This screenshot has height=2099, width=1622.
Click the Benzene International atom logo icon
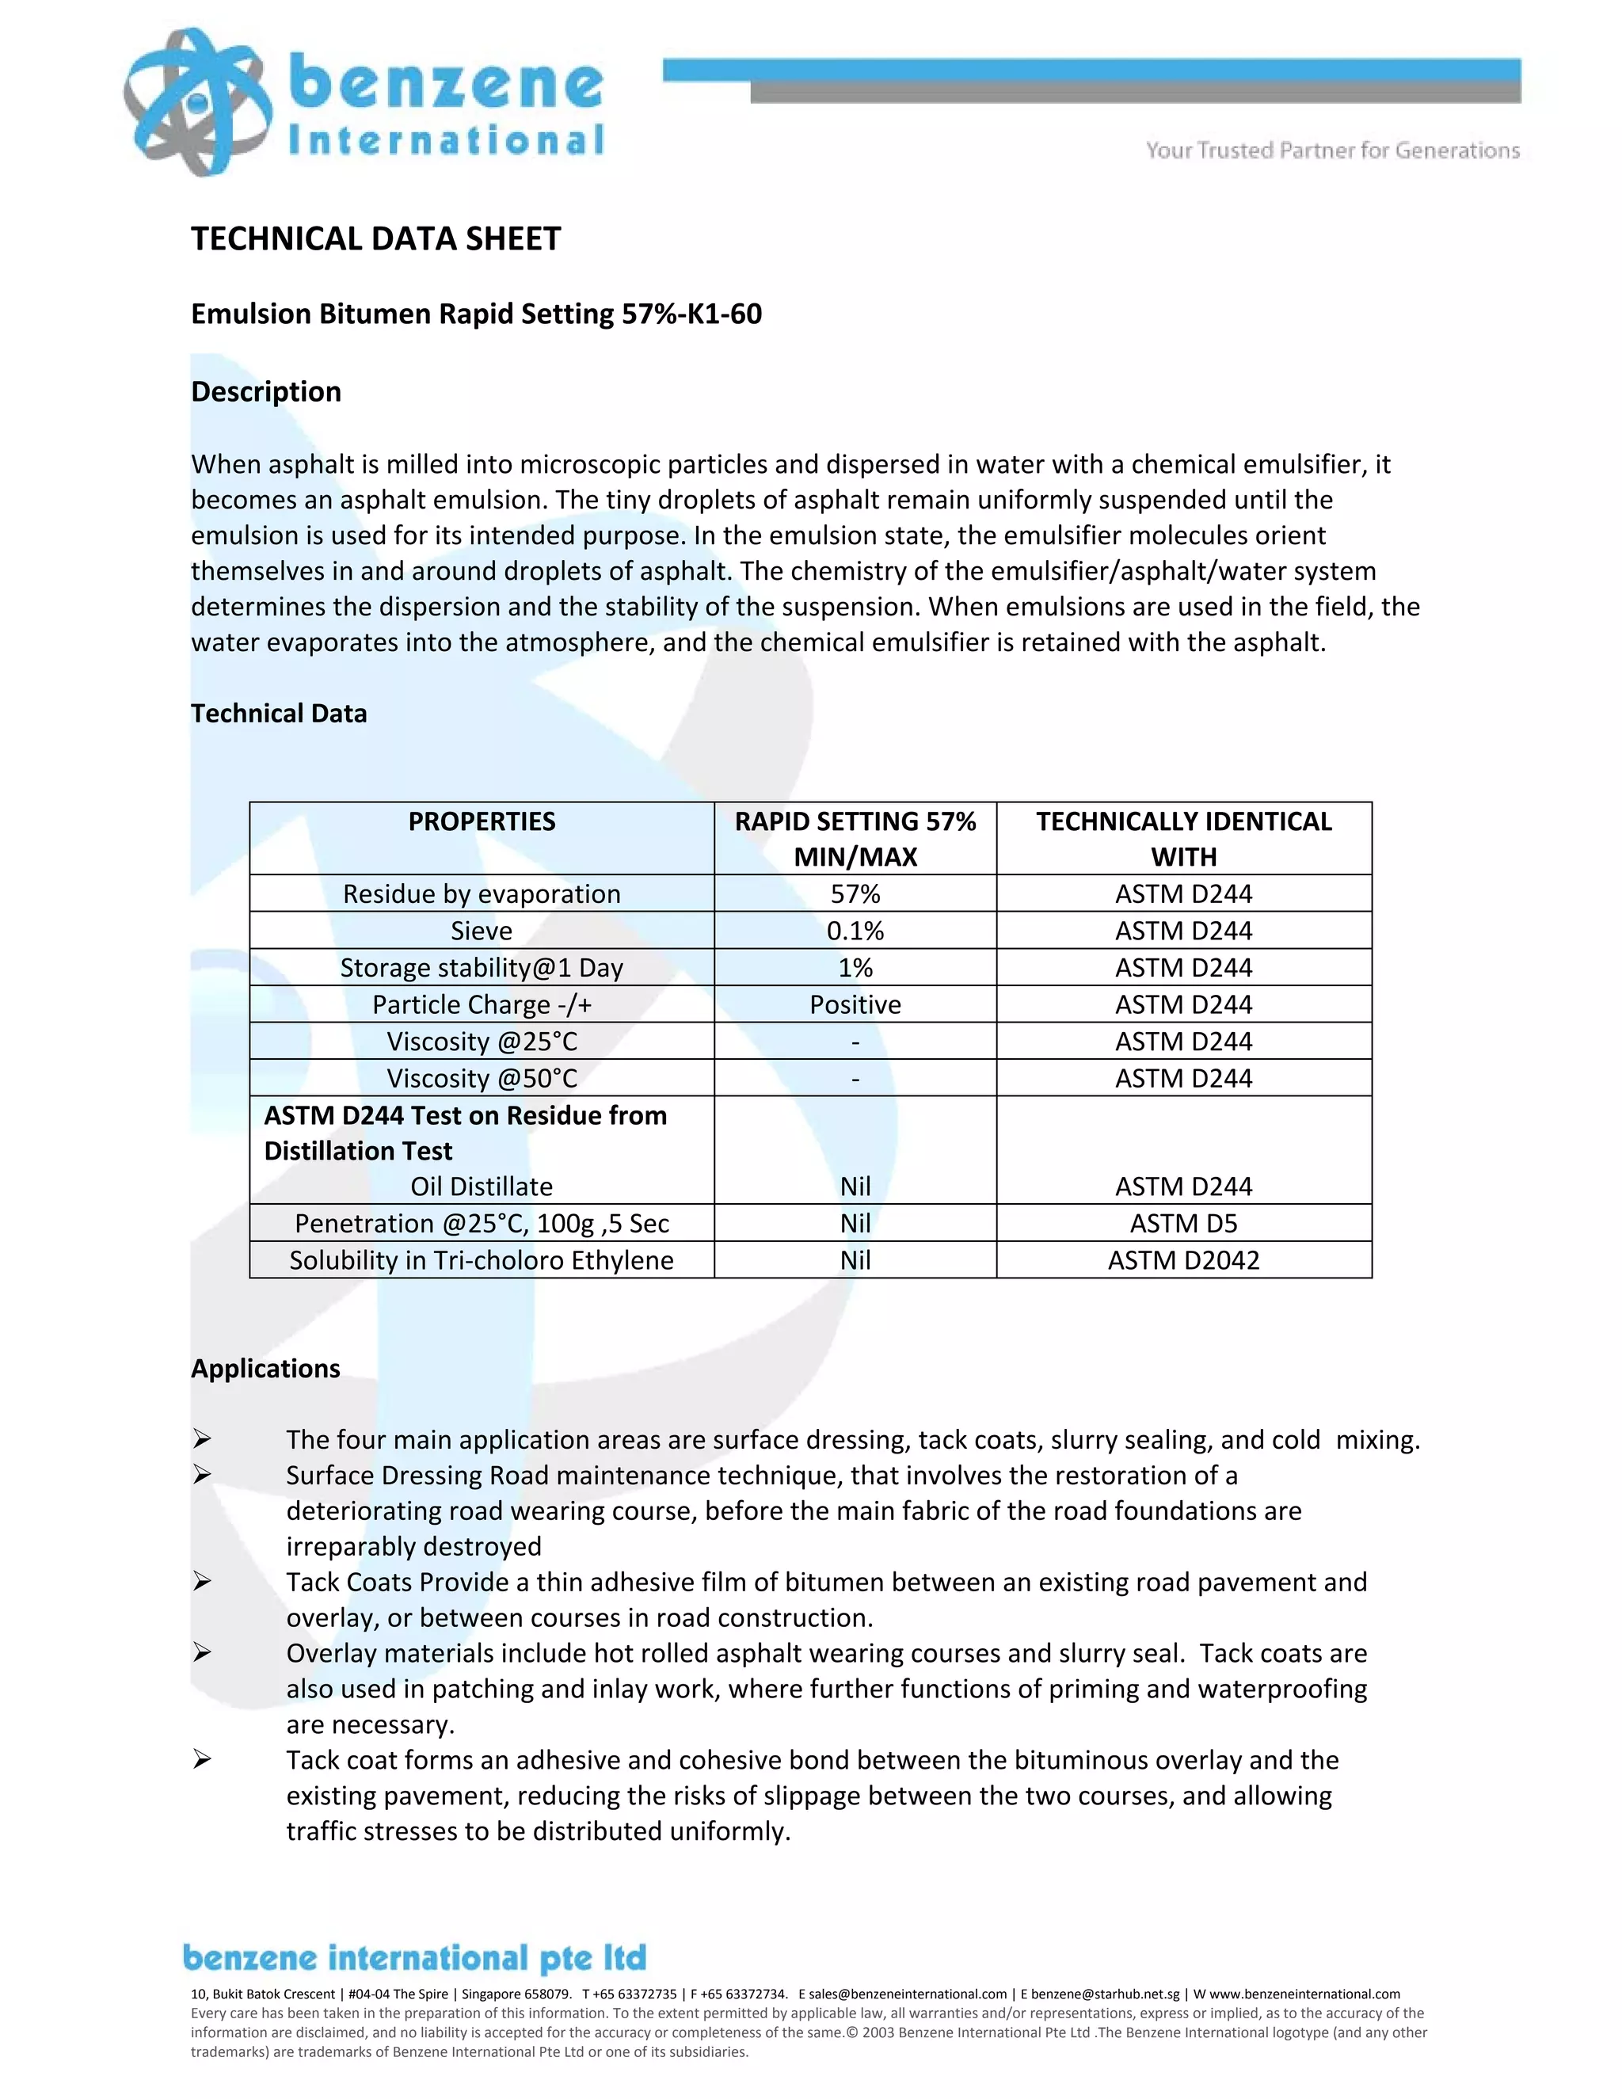pyautogui.click(x=197, y=102)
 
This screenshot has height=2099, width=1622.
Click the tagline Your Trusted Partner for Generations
pyautogui.click(x=1332, y=150)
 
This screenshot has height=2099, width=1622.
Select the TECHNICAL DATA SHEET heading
pyautogui.click(x=375, y=238)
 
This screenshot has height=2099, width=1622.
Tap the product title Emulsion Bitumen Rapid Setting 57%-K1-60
pyautogui.click(x=476, y=314)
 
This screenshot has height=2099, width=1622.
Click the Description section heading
pyautogui.click(x=266, y=391)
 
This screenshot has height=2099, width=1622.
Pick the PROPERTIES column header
pyautogui.click(x=482, y=821)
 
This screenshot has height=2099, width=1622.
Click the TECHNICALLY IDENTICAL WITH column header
pyautogui.click(x=1183, y=838)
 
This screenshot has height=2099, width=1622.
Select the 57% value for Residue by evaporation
pyautogui.click(x=855, y=893)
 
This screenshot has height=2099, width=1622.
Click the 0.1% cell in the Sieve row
pyautogui.click(x=855, y=931)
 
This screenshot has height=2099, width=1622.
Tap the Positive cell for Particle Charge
pyautogui.click(x=855, y=1004)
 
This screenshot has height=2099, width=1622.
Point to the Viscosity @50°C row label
pyautogui.click(x=482, y=1078)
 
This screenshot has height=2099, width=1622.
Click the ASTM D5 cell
pyautogui.click(x=1183, y=1224)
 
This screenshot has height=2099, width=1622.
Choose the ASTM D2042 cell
pyautogui.click(x=1183, y=1260)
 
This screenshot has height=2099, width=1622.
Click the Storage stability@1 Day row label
pyautogui.click(x=482, y=968)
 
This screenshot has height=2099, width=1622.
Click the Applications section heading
pyautogui.click(x=265, y=1369)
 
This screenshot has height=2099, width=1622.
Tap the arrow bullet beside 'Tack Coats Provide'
pyautogui.click(x=201, y=1581)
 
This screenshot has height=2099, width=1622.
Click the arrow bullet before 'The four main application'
pyautogui.click(x=201, y=1438)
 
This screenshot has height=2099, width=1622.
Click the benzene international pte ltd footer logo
pyautogui.click(x=414, y=1959)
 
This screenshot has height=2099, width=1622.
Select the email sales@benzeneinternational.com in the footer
pyautogui.click(x=906, y=1994)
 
